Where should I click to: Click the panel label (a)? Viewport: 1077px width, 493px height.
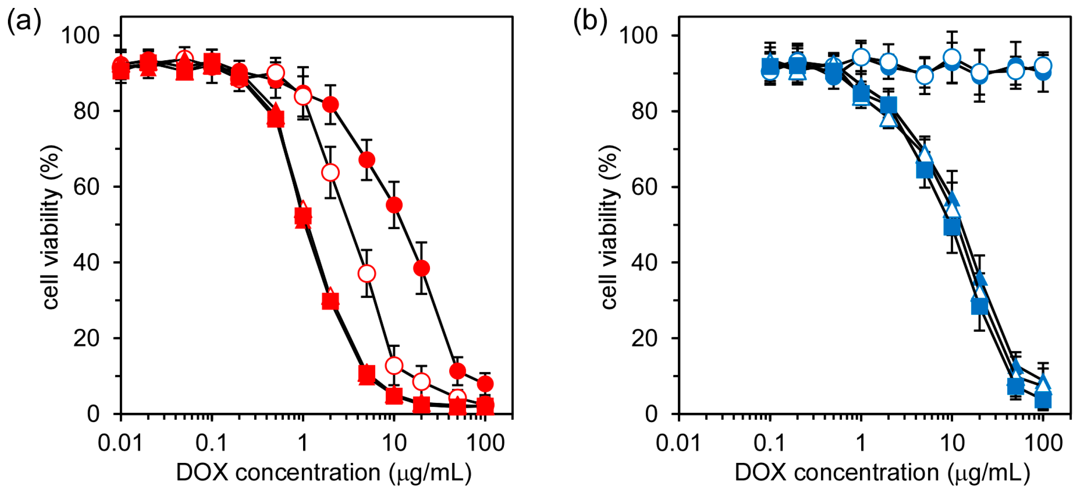[24, 21]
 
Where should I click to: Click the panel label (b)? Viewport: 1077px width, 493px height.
[590, 21]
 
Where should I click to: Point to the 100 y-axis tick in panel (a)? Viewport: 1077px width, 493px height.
[80, 35]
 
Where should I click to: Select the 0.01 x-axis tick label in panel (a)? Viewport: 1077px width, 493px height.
[120, 442]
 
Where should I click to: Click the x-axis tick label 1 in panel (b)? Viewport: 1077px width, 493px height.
[860, 442]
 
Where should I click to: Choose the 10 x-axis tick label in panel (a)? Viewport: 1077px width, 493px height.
[394, 442]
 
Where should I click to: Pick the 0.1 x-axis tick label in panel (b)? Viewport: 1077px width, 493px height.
[769, 442]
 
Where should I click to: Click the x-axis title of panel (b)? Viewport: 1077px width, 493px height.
[882, 473]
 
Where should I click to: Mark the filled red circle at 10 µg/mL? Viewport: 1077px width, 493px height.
[394, 205]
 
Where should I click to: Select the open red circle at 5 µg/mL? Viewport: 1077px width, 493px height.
[367, 273]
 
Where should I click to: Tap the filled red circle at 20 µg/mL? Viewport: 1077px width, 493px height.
[422, 268]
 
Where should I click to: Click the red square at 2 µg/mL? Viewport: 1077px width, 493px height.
[330, 301]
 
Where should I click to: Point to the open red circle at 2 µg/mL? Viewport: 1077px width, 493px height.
[330, 172]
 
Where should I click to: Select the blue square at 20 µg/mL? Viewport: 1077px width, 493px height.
[980, 306]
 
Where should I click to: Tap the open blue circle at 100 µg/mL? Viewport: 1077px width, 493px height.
[1043, 66]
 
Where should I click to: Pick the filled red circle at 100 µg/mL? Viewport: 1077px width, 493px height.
[485, 384]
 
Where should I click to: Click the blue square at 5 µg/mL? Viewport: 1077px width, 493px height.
[924, 170]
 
